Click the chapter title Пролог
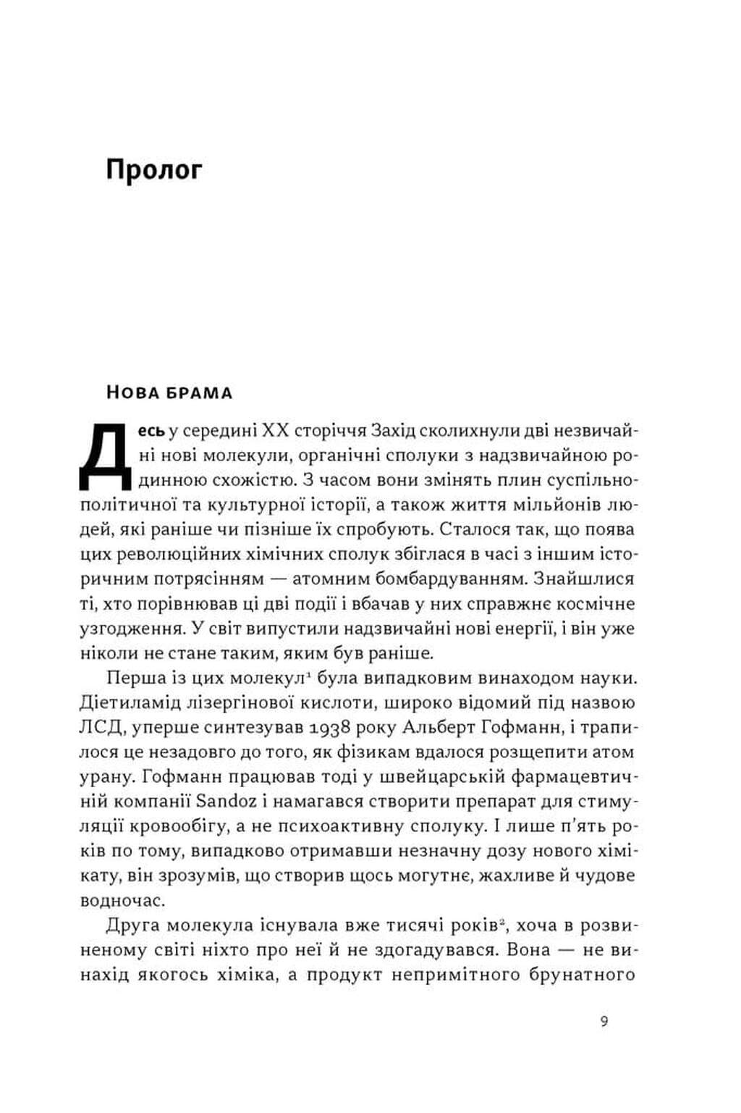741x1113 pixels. [153, 170]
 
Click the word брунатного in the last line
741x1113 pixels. [582, 974]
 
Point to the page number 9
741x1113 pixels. [604, 1022]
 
